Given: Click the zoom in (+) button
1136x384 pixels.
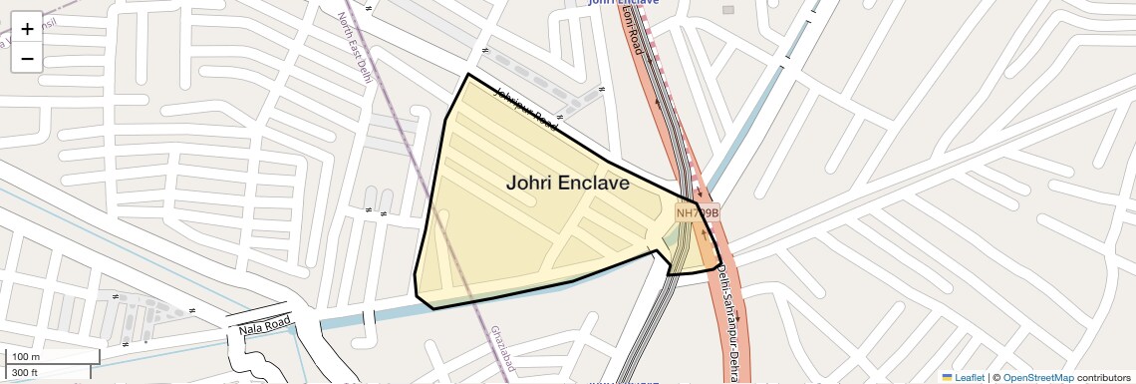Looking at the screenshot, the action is (27, 28).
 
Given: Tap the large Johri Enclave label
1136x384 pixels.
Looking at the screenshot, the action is (568, 183).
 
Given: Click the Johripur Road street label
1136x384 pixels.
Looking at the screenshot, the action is (525, 108).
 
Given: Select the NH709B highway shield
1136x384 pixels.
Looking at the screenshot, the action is (697, 212).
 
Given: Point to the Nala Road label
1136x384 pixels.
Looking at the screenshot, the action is (264, 324).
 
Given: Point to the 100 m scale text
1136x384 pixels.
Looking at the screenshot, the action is (26, 357).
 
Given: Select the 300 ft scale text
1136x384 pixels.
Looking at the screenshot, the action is (25, 373).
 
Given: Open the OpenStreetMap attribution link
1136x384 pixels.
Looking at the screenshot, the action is (1038, 377).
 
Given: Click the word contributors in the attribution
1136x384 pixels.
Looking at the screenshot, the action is (1104, 377).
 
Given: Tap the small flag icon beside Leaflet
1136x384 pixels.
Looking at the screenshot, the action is (948, 377).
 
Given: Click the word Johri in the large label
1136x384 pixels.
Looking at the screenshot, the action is (528, 183).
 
